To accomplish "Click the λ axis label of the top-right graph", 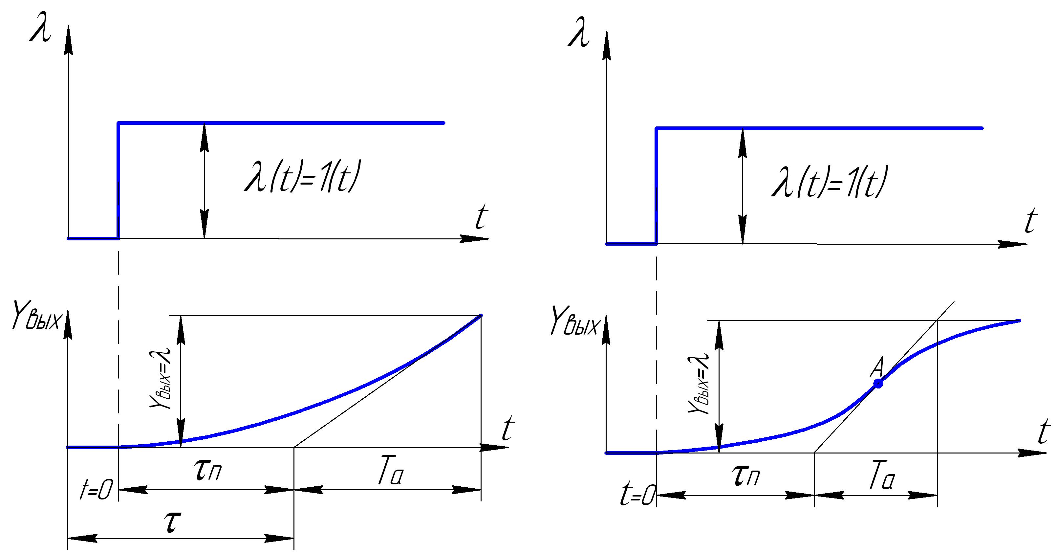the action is [578, 33].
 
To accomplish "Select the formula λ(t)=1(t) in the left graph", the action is [302, 177].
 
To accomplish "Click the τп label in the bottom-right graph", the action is [746, 476].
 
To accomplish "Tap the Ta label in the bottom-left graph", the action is [390, 473].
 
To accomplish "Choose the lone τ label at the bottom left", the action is [172, 522].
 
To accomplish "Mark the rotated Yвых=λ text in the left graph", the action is [161, 377].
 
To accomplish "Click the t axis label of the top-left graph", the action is [481, 217].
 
